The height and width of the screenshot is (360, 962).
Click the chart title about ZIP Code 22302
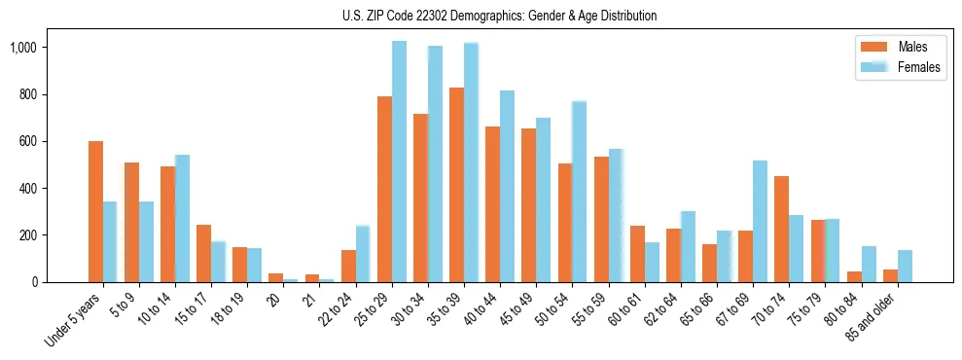499,16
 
